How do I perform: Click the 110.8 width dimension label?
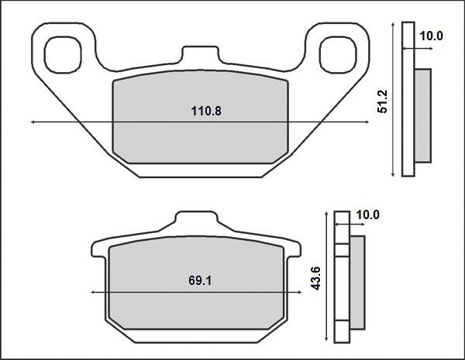pyautogui.click(x=206, y=111)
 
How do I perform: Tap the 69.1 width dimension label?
pyautogui.click(x=200, y=280)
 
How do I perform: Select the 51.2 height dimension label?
pyautogui.click(x=383, y=101)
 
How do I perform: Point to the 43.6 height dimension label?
pyautogui.click(x=316, y=278)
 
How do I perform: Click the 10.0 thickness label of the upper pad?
pyautogui.click(x=431, y=36)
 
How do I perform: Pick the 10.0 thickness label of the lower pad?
pyautogui.click(x=367, y=214)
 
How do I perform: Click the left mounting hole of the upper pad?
pyautogui.click(x=63, y=55)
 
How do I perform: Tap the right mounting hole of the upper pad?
pyautogui.click(x=338, y=55)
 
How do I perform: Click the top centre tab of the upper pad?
pyautogui.click(x=200, y=54)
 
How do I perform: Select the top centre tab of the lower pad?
pyautogui.click(x=195, y=220)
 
